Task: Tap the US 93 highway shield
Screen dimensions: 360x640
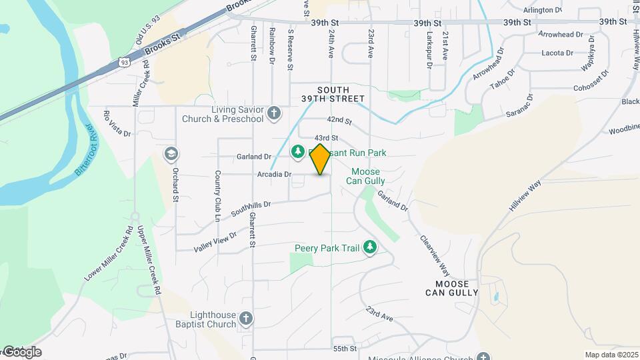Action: coord(124,62)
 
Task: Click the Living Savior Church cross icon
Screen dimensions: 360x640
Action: coord(273,114)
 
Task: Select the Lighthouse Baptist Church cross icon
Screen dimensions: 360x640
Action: coord(246,318)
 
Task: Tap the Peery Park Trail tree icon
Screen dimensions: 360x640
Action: coord(369,248)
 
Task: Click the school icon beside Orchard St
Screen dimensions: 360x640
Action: coord(171,155)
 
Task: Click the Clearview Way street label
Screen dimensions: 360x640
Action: coord(435,255)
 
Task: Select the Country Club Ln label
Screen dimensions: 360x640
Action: coord(217,195)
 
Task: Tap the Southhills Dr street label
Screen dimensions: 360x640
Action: coord(251,209)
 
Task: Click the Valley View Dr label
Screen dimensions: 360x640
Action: coord(215,242)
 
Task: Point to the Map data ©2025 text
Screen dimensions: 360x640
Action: coord(611,355)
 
